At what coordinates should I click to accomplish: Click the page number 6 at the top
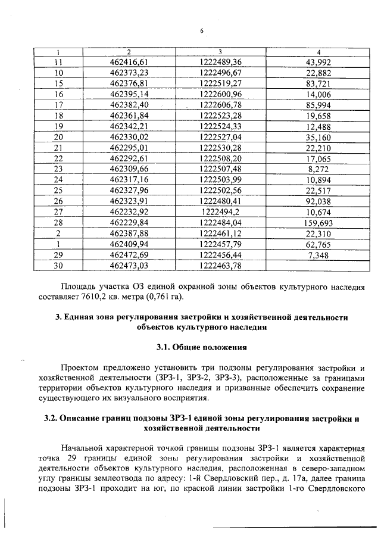[x=202, y=31]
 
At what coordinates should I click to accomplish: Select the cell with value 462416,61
[x=129, y=62]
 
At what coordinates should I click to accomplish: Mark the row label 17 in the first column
[x=58, y=105]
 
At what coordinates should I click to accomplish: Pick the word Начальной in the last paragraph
[x=85, y=447]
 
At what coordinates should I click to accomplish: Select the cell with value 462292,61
[x=129, y=158]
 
